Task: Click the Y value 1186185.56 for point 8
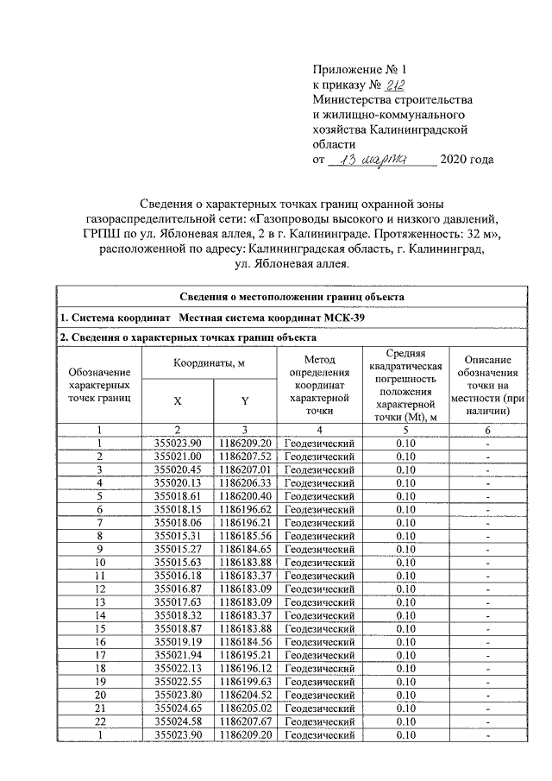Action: (x=245, y=535)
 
